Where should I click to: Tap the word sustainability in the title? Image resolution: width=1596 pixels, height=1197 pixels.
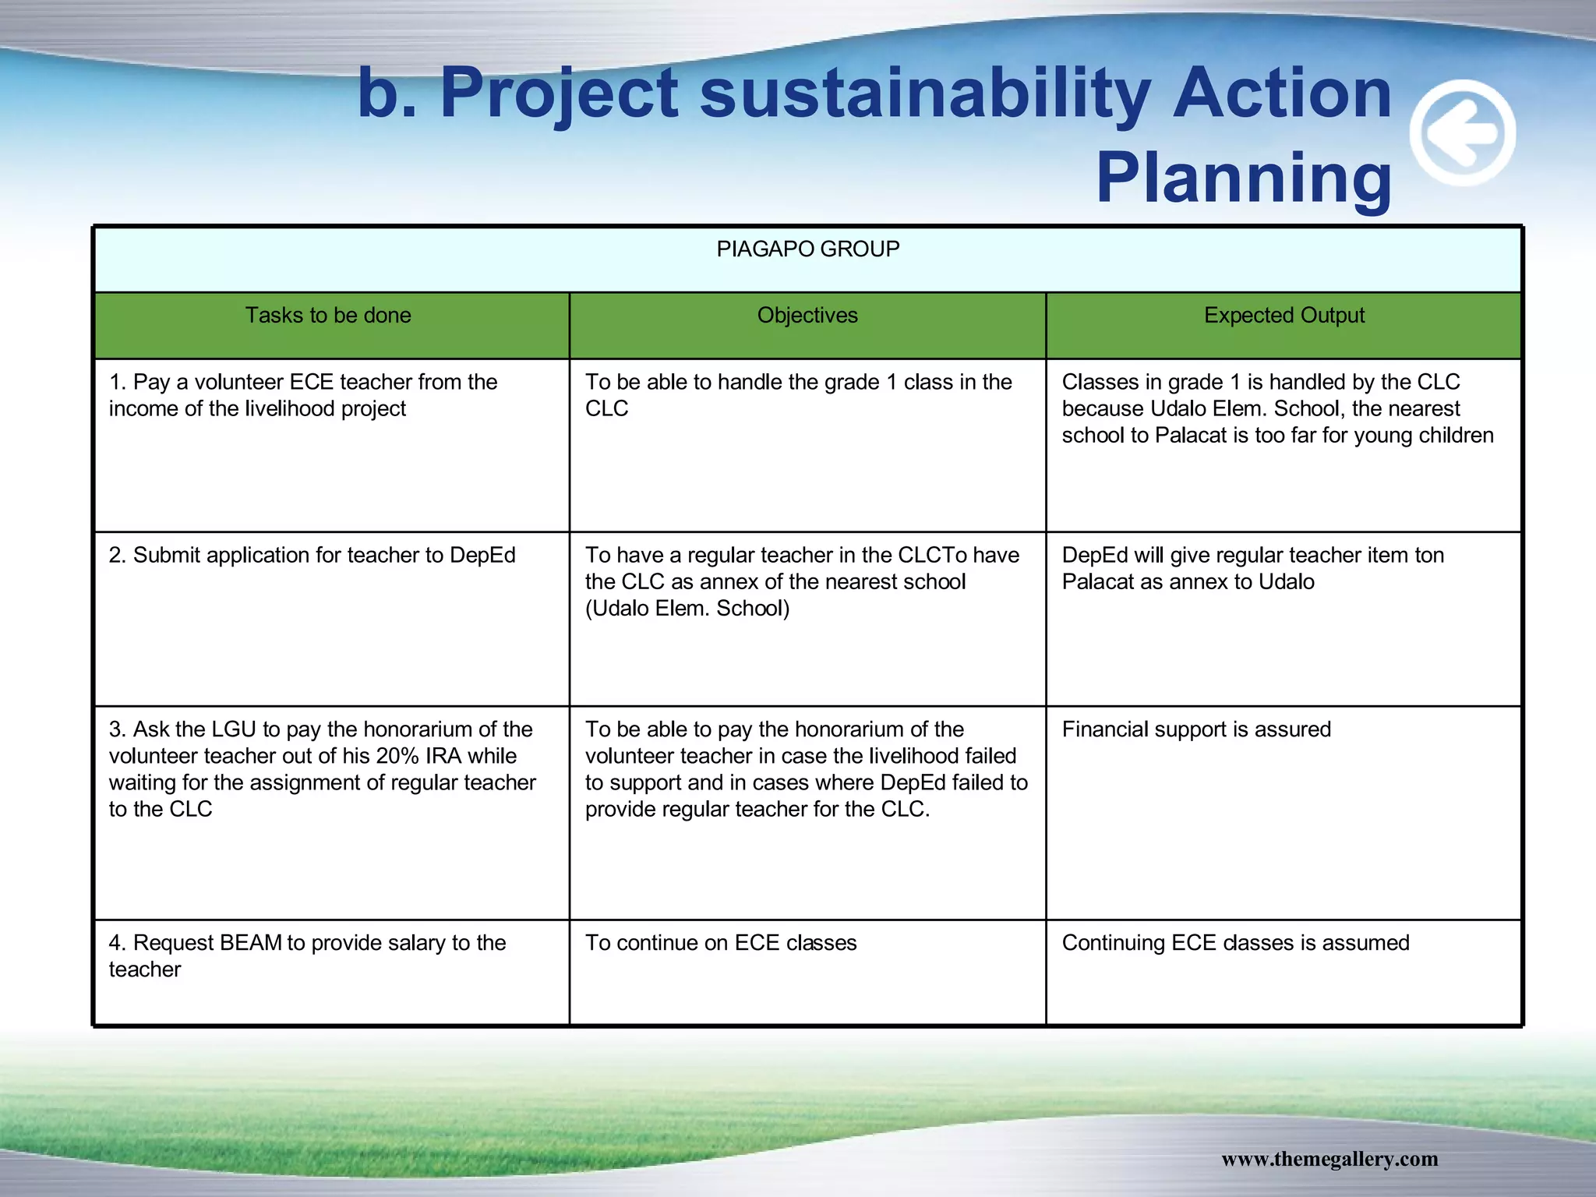[925, 94]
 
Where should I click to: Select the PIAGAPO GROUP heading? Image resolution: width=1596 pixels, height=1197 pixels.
[807, 249]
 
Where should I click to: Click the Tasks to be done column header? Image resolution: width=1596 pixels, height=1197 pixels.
[328, 315]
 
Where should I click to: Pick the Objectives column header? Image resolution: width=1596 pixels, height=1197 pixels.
[807, 315]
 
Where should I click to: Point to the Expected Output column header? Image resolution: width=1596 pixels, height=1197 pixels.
[1284, 315]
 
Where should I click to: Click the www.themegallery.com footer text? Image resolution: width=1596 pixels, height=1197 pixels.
[1329, 1159]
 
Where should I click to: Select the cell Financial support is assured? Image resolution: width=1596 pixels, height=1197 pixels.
[1196, 729]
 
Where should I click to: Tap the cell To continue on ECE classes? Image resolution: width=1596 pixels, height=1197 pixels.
[721, 943]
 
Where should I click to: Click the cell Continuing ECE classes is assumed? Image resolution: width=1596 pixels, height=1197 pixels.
[1235, 943]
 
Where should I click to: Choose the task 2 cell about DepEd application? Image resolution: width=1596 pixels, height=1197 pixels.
[312, 555]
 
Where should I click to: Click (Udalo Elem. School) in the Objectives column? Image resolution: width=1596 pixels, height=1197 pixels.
[687, 608]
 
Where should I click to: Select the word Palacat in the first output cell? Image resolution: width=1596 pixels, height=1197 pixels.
[1191, 435]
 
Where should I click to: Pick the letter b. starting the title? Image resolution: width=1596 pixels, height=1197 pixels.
[387, 94]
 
